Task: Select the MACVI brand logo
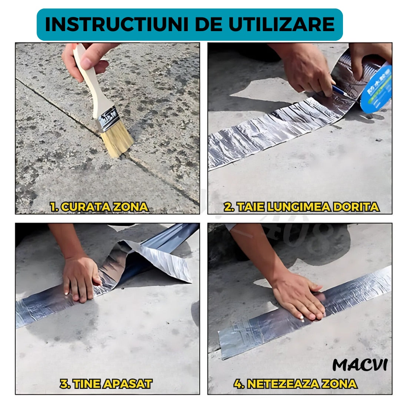click(x=360, y=365)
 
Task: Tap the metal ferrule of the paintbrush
click(x=107, y=119)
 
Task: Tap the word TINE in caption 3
click(x=87, y=384)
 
